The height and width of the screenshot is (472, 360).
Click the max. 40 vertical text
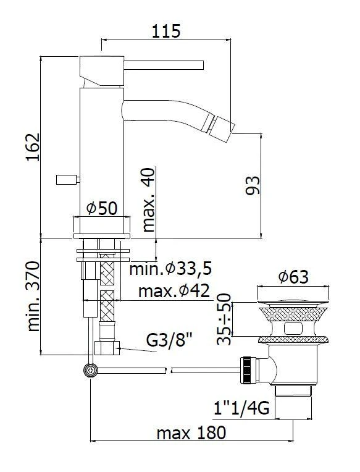pyautogui.click(x=149, y=199)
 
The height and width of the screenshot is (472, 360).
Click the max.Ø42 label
pyautogui.click(x=174, y=290)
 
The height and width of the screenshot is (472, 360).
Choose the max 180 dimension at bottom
pyautogui.click(x=191, y=432)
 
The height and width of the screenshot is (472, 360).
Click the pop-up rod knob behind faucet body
pyautogui.click(x=66, y=180)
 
